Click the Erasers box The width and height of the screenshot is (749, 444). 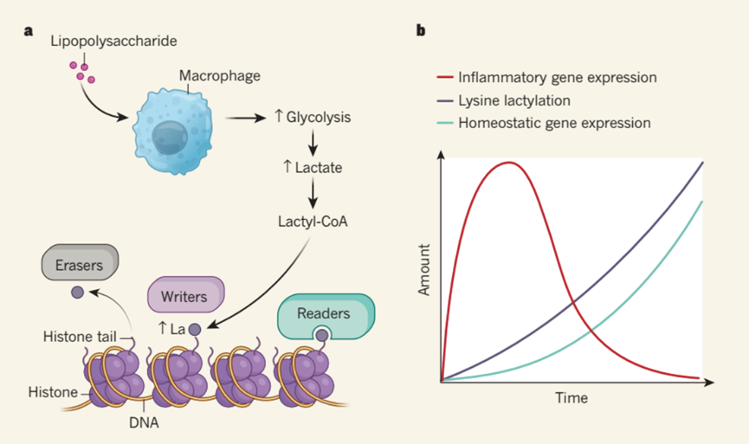[80, 262]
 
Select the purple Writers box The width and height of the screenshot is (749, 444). [186, 294]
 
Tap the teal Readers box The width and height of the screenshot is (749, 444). [326, 316]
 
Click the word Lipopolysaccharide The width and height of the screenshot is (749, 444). [113, 41]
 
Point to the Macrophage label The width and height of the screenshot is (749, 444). [220, 75]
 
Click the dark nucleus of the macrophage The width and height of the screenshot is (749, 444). [170, 138]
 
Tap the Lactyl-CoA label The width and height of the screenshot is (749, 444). [313, 222]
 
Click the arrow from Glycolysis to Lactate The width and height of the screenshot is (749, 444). [313, 143]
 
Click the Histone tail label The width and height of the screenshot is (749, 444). [80, 337]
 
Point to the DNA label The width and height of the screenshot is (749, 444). [144, 422]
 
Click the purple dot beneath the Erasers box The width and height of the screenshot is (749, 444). [77, 293]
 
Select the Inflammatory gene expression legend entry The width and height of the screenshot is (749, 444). [547, 77]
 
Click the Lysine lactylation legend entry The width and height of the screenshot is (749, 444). [503, 100]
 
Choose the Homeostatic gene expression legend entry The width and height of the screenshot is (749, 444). [544, 123]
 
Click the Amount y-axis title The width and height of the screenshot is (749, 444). [423, 270]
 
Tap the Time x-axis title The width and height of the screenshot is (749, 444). [571, 397]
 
